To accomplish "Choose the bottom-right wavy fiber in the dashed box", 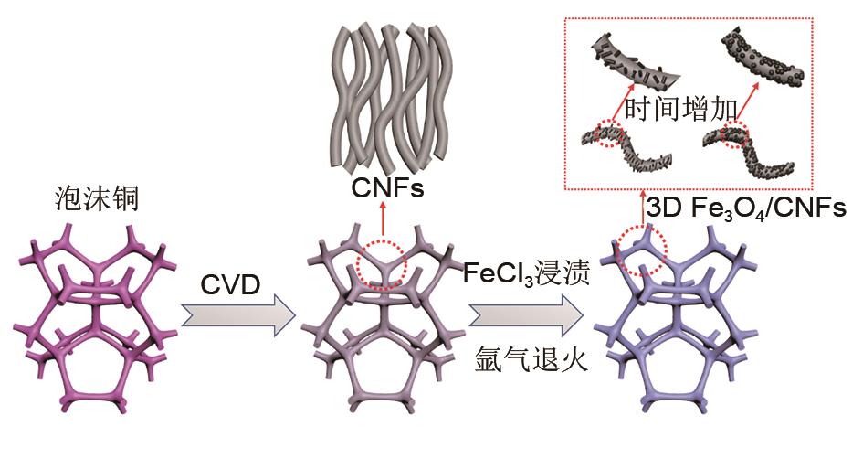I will (x=757, y=152).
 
